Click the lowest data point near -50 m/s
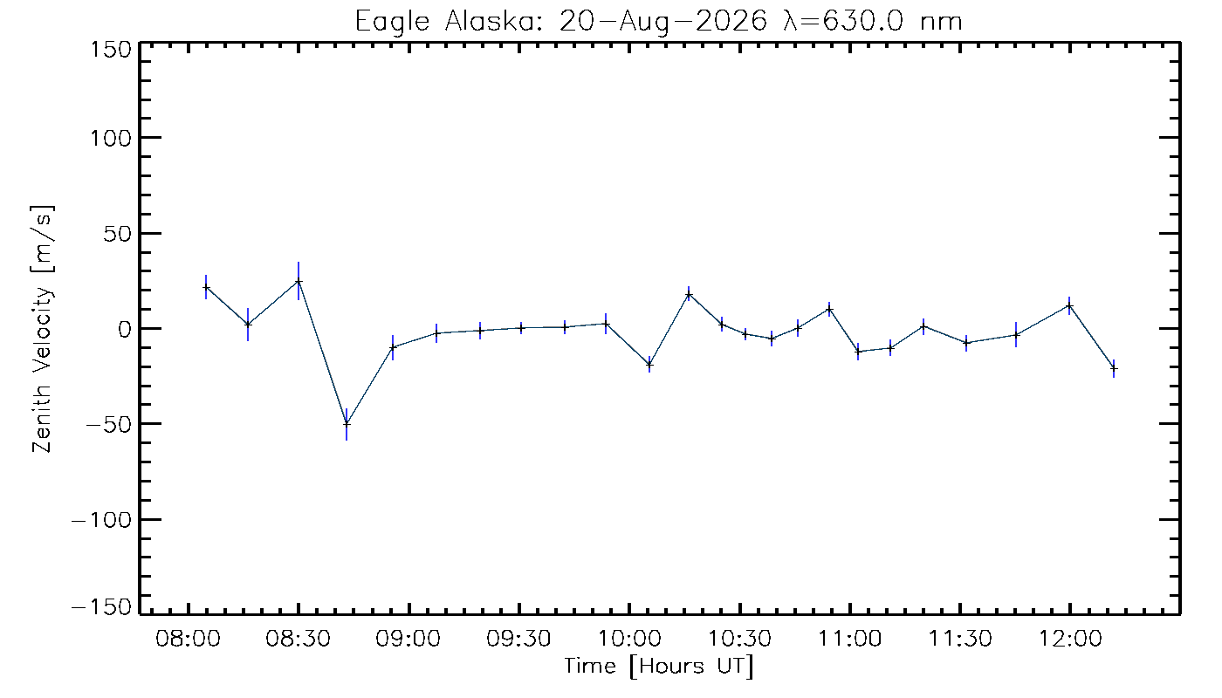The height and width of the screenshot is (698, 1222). point(347,424)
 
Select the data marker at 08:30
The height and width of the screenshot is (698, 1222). point(299,281)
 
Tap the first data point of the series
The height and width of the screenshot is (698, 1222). point(206,287)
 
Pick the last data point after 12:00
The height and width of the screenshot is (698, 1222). point(1114,369)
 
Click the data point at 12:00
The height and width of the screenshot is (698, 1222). point(1070,306)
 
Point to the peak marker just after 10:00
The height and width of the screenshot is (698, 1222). point(689,295)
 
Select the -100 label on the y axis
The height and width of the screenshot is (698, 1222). point(102,520)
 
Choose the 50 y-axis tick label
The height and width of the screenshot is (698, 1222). point(118,234)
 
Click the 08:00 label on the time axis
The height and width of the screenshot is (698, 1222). point(189,638)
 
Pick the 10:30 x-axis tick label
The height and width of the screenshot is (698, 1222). point(740,638)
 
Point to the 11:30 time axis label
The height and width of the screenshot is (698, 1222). point(960,638)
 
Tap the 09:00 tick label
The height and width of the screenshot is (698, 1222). point(408,638)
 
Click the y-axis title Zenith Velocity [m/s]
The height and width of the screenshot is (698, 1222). point(43,329)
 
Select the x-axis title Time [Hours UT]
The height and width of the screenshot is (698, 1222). point(658,667)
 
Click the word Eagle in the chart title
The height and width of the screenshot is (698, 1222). point(392,23)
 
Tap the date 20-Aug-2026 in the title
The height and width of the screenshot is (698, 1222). point(663,22)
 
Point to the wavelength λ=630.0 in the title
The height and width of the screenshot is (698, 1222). point(845,21)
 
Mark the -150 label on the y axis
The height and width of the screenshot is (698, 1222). point(102,606)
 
